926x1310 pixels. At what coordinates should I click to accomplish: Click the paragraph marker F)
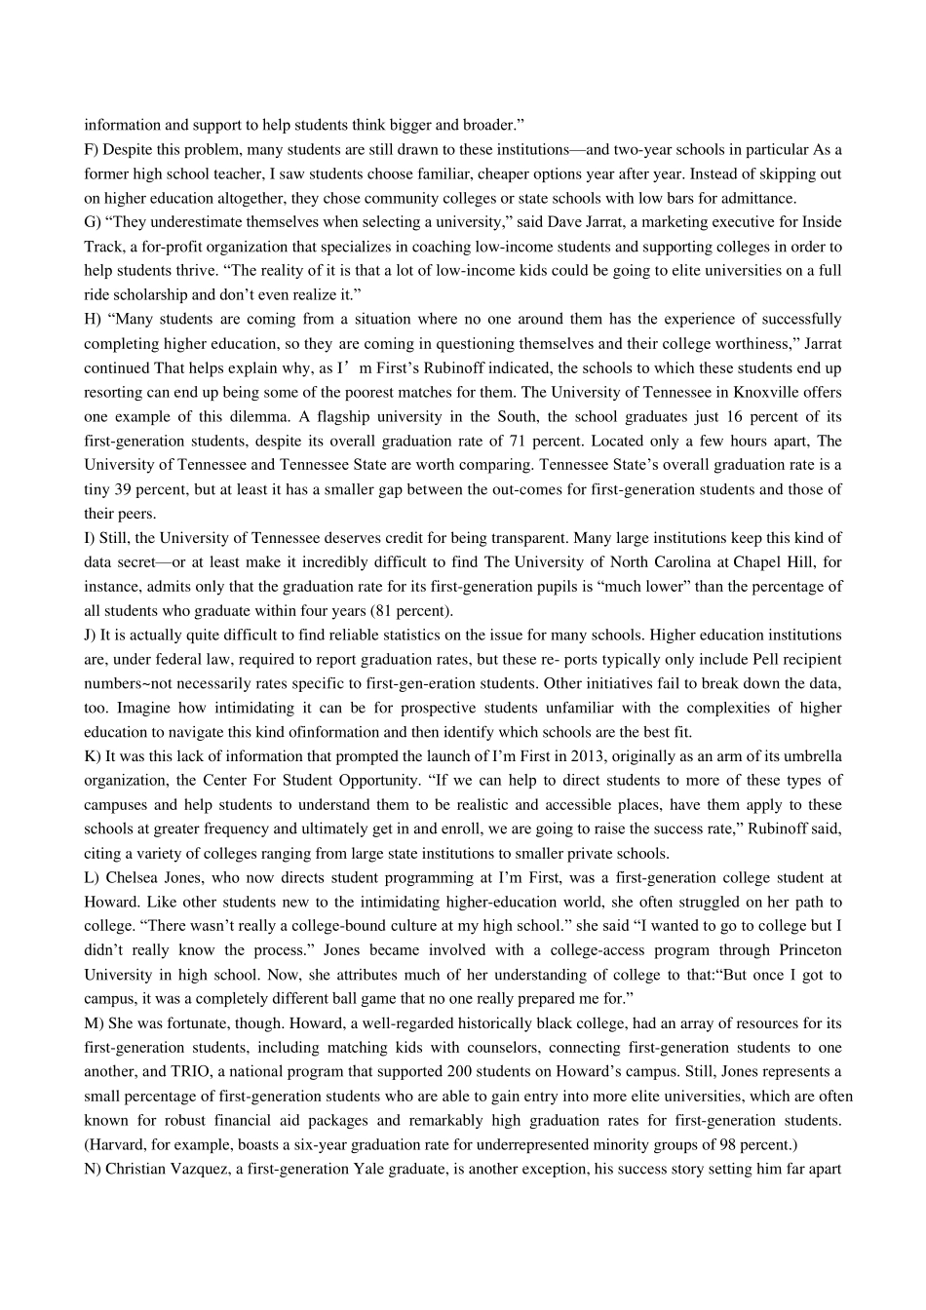pos(91,149)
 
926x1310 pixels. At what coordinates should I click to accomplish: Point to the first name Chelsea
pos(131,877)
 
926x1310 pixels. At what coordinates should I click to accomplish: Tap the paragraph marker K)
pos(93,755)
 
